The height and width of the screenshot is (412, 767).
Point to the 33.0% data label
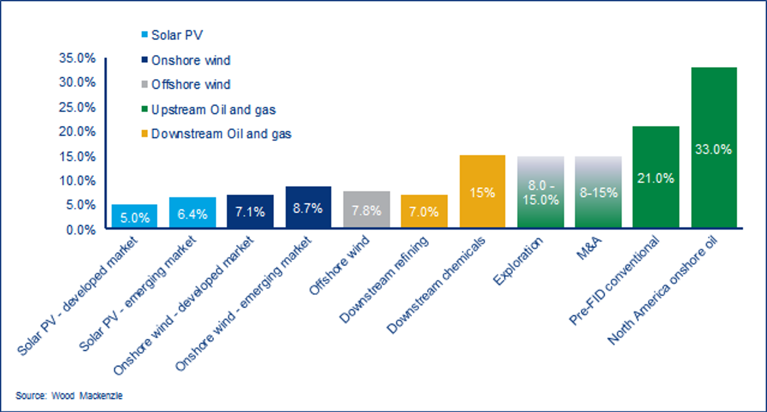[714, 149]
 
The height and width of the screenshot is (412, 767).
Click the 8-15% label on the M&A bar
[598, 193]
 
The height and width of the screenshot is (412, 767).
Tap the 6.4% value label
[193, 214]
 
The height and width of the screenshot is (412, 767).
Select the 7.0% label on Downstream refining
[424, 212]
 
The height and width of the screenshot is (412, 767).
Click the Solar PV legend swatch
[145, 35]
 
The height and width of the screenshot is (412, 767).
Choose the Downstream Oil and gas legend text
[221, 134]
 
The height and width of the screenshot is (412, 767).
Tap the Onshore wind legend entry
[190, 61]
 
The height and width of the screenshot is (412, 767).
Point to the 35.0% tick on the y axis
[77, 58]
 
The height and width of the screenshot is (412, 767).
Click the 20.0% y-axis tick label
[77, 131]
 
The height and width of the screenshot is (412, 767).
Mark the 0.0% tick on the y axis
[81, 230]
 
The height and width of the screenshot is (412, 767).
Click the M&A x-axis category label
[589, 248]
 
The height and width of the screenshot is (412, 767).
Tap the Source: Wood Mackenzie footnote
[69, 396]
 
